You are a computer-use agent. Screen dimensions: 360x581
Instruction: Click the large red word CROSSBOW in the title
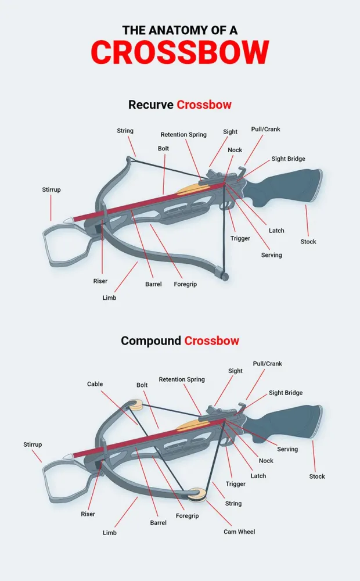click(x=180, y=52)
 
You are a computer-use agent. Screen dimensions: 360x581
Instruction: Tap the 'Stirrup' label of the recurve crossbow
click(x=51, y=190)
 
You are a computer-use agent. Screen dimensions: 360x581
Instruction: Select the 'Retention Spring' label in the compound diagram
click(x=182, y=379)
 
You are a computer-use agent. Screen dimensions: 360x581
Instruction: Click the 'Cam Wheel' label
click(x=239, y=532)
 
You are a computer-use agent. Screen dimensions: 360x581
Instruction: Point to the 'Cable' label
click(x=95, y=384)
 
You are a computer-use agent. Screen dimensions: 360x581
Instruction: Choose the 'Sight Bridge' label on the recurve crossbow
click(x=288, y=159)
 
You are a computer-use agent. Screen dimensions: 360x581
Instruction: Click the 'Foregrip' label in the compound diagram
click(x=187, y=516)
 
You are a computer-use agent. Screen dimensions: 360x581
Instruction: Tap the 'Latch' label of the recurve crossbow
click(x=276, y=231)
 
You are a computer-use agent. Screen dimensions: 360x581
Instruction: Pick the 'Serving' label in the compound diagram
click(x=287, y=449)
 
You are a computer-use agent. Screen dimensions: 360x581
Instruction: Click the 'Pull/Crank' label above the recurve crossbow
click(x=265, y=130)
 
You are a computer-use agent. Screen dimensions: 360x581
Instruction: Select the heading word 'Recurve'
click(x=151, y=105)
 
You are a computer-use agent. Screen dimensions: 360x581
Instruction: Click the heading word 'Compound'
click(x=151, y=341)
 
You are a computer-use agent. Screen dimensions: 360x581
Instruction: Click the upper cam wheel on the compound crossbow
click(x=136, y=405)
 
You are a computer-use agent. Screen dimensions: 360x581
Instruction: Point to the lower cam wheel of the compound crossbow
click(x=197, y=495)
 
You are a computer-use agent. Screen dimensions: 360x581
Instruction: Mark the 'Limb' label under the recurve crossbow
click(x=109, y=298)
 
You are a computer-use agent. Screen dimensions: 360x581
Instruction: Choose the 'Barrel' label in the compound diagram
click(x=158, y=523)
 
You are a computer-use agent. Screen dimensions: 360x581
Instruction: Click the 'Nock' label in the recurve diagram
click(x=235, y=150)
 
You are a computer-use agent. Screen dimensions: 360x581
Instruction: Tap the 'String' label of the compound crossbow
click(x=233, y=504)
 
